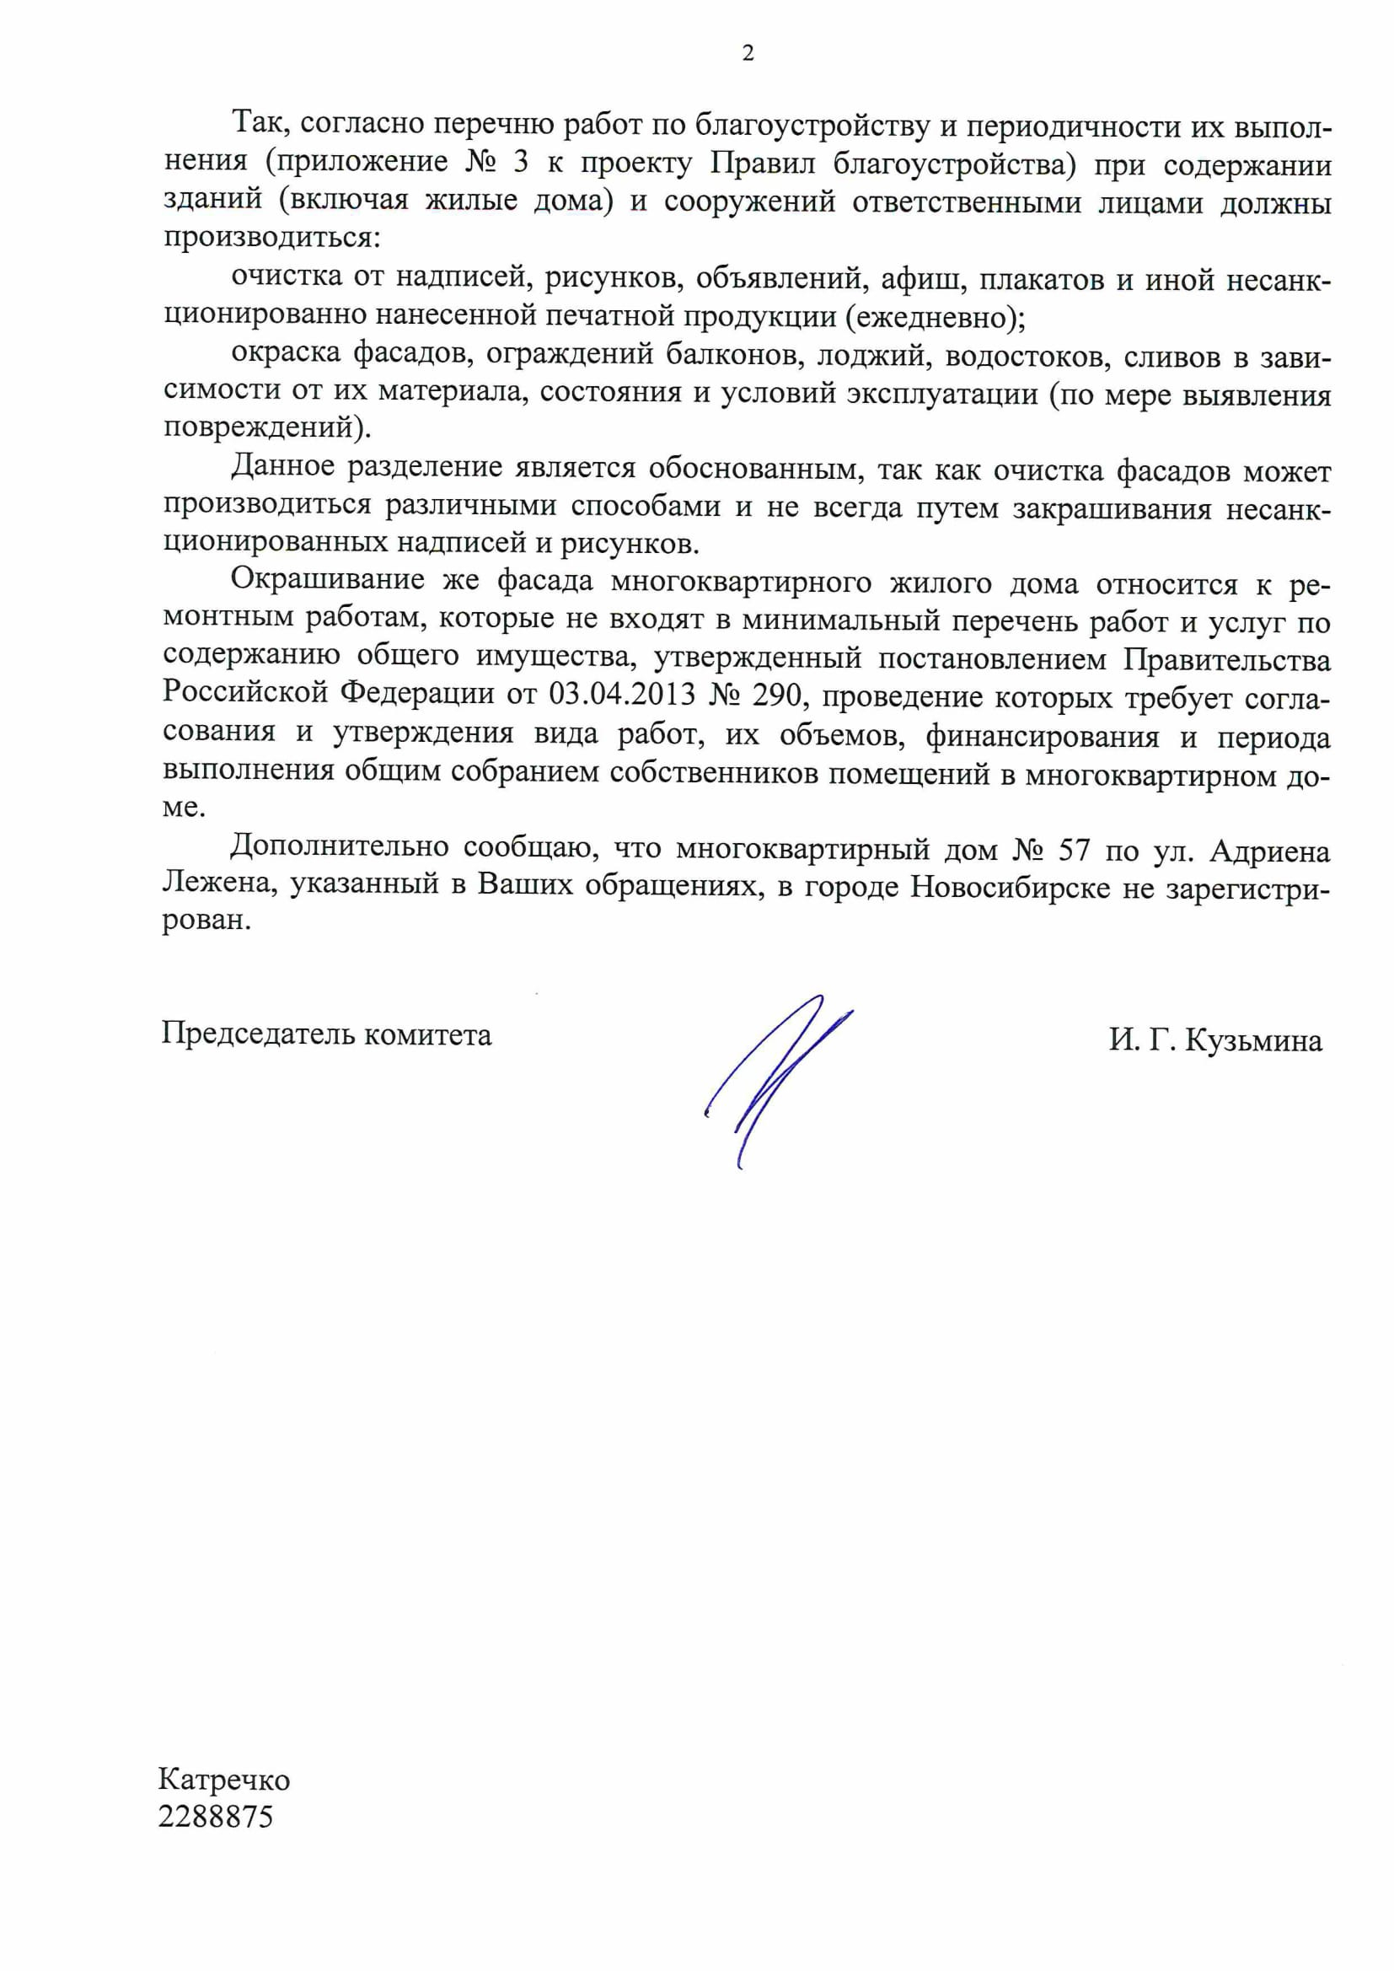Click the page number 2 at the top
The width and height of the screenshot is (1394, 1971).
pyautogui.click(x=748, y=53)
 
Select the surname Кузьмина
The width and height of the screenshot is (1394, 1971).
pyautogui.click(x=1253, y=1040)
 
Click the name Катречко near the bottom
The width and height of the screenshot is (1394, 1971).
pyautogui.click(x=224, y=1780)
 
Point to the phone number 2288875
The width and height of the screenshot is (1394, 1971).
pyautogui.click(x=216, y=1818)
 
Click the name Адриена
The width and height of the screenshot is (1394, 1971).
pyautogui.click(x=1269, y=851)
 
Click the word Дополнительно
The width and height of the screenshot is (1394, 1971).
pyautogui.click(x=339, y=847)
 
